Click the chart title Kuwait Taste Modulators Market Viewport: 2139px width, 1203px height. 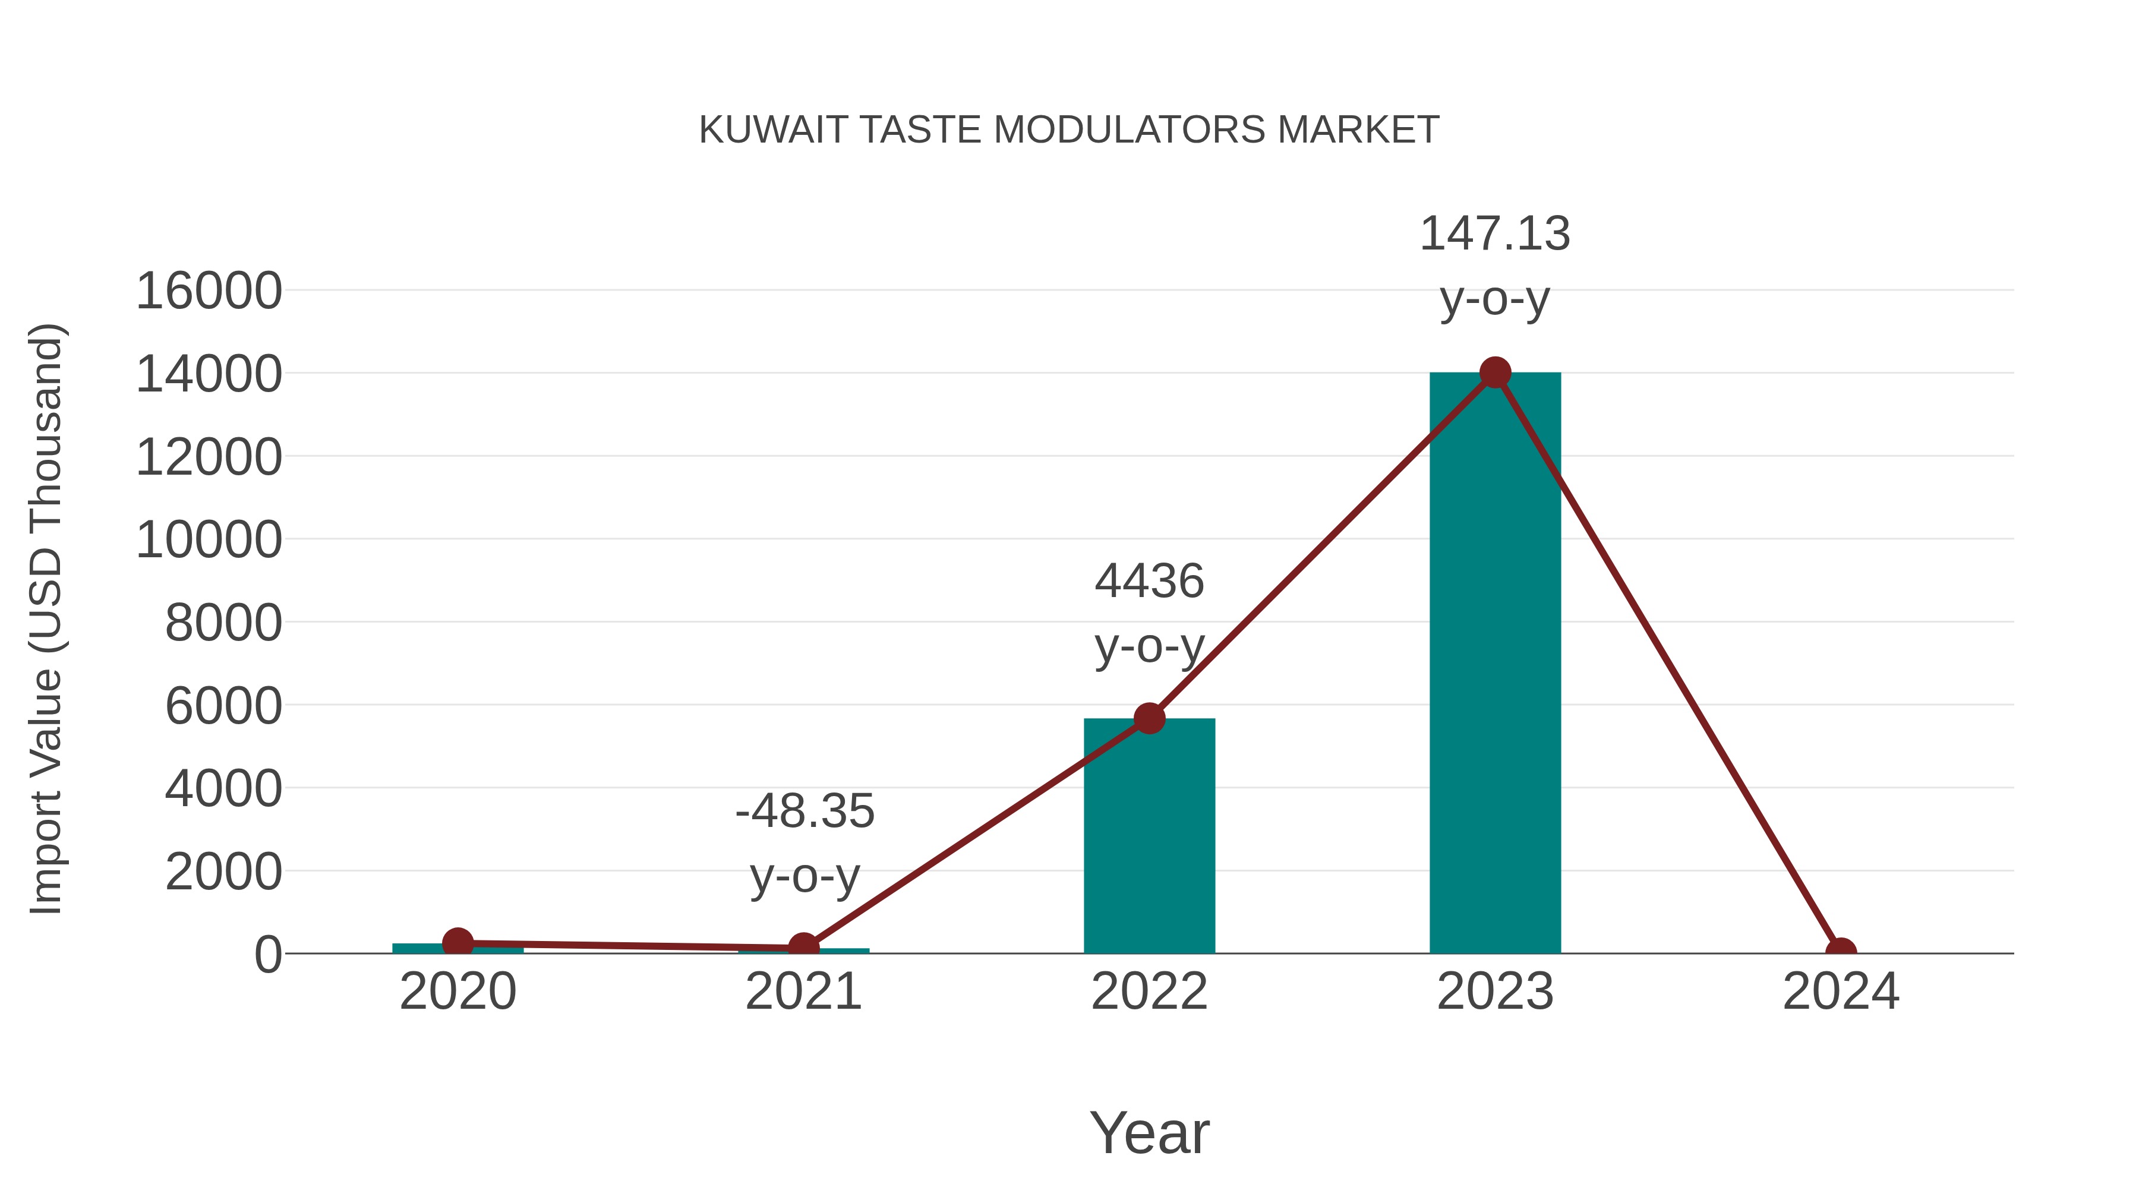tap(1069, 130)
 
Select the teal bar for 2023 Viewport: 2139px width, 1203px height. tap(1495, 664)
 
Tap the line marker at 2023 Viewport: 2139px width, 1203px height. tap(1495, 372)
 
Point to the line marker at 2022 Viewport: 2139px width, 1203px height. tap(1149, 718)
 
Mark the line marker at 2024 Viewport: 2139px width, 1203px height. tap(1841, 952)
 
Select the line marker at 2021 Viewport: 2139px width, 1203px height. tap(803, 948)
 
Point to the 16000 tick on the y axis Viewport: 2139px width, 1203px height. tap(209, 292)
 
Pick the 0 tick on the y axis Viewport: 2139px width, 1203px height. tap(268, 955)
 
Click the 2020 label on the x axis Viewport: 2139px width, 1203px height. tap(458, 992)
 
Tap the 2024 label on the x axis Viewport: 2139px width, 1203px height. tap(1841, 992)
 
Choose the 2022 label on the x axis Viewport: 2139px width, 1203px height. tap(1149, 992)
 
